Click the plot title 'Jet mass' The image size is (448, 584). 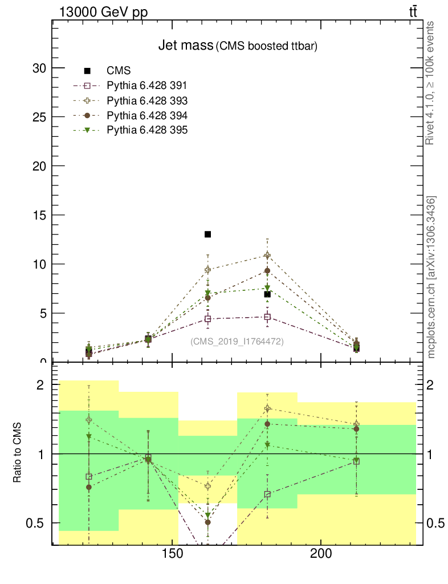pyautogui.click(x=185, y=46)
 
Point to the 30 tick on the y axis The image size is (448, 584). pyautogui.click(x=39, y=68)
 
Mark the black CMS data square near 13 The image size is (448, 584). pyautogui.click(x=208, y=234)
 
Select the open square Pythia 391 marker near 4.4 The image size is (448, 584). pyautogui.click(x=208, y=319)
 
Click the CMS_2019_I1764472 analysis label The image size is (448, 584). pyautogui.click(x=237, y=341)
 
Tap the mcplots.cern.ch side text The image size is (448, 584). pyautogui.click(x=431, y=277)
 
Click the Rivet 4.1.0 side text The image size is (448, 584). pyautogui.click(x=431, y=83)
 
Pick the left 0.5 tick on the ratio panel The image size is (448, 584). pyautogui.click(x=37, y=523)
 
